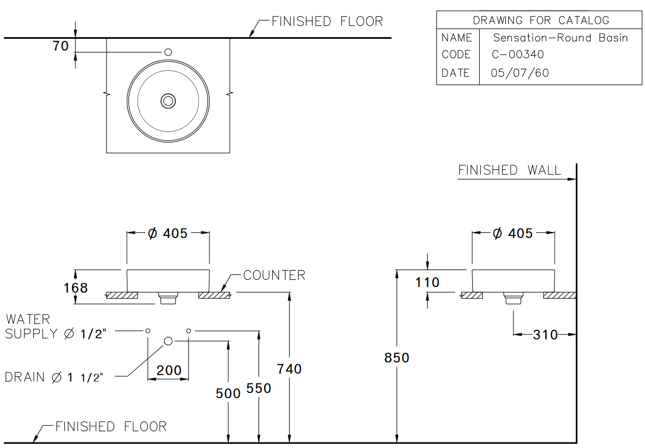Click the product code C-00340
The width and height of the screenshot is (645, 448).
point(518,55)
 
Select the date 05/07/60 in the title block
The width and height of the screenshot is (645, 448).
point(520,73)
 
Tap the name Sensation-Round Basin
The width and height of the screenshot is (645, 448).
point(560,38)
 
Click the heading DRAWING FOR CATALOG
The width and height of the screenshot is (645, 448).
point(540,20)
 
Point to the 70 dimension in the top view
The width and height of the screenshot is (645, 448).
point(60,46)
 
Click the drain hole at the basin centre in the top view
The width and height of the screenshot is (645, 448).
point(168,101)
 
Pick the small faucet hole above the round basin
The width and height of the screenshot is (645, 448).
point(168,52)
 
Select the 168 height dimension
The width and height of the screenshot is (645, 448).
point(75,288)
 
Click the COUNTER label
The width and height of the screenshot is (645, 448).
point(274,275)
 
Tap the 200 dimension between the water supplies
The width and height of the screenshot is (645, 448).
point(169,371)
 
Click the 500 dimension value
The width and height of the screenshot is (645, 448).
point(228,393)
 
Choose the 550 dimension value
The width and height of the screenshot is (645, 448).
point(259,388)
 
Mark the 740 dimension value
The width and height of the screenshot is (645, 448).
point(289,368)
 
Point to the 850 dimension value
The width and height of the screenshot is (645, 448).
point(397,358)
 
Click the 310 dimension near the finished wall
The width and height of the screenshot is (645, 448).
point(545,335)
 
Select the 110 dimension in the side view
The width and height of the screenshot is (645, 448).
point(427,282)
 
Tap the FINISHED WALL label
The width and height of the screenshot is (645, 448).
point(509,170)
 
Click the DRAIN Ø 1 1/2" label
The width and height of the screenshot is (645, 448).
point(54,378)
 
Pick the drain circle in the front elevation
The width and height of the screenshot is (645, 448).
point(168,341)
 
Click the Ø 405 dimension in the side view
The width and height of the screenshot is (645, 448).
point(513,233)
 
